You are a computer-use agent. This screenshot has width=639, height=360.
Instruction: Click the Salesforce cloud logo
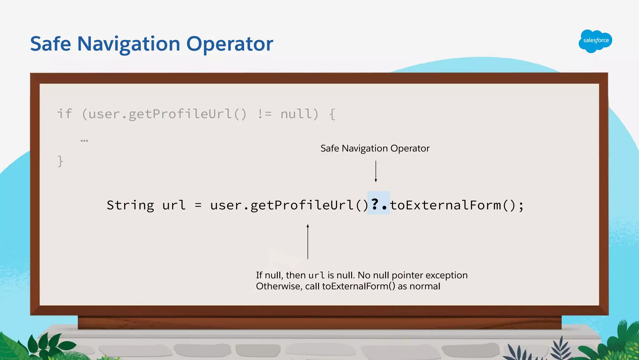[x=595, y=41]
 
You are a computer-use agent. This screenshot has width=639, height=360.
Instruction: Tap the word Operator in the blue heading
[x=230, y=44]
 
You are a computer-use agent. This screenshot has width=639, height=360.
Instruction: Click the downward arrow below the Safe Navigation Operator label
[x=376, y=171]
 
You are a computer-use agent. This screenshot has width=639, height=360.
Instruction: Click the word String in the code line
[x=130, y=205]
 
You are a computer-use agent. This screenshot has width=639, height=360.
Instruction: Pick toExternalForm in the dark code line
[x=446, y=205]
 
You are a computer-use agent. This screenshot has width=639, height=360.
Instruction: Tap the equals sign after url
[x=198, y=205]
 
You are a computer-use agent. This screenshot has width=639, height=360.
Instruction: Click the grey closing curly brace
[x=60, y=161]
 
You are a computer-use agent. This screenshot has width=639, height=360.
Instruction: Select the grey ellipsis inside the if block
[x=84, y=141]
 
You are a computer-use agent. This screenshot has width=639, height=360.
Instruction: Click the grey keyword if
[x=65, y=114]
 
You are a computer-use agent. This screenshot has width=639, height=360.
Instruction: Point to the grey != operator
[x=264, y=114]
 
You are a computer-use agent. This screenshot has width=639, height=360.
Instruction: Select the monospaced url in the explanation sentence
[x=316, y=275]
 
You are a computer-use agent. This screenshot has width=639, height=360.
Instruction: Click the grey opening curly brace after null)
[x=332, y=114]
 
